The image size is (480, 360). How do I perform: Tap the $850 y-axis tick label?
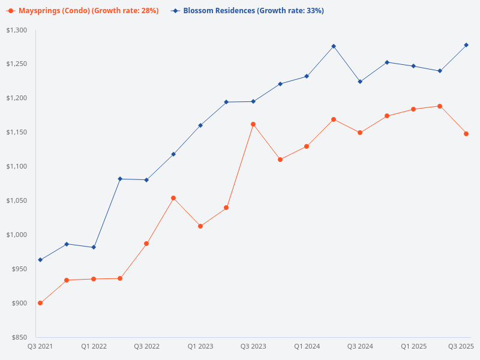point(20,337)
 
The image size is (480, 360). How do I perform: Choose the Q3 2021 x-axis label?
point(40,346)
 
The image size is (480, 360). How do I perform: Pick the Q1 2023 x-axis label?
point(200,346)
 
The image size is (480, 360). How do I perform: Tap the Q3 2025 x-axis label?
point(461,346)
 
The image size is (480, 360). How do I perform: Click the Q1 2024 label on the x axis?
point(307,346)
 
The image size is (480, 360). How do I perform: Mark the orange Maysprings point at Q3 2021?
point(40,303)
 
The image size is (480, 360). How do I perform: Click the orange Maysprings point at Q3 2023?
point(253,124)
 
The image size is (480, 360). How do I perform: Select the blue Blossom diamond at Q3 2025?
point(466,45)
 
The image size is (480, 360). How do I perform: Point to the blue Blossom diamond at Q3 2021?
point(40,260)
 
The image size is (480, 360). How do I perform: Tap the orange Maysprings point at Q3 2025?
point(466,134)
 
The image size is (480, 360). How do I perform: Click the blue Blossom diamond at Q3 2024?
point(360,82)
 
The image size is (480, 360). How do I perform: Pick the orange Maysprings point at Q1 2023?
point(200,226)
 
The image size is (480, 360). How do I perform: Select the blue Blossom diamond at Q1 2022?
point(94,247)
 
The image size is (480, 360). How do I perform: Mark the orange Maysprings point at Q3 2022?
point(146,244)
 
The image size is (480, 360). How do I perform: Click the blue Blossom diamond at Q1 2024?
point(307,76)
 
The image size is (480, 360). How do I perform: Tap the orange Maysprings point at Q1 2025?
point(413,109)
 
